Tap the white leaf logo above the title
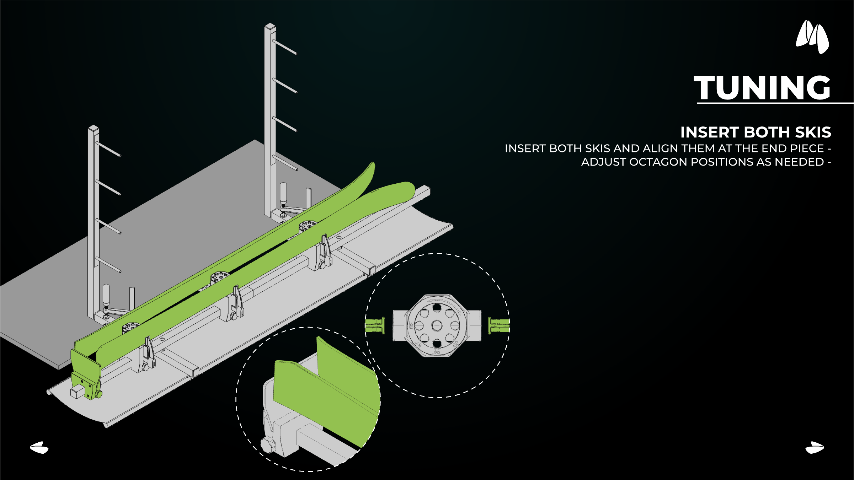click(812, 37)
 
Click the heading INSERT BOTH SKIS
click(756, 132)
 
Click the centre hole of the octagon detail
click(437, 325)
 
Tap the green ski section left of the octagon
click(375, 325)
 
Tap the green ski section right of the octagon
click(499, 325)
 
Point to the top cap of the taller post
click(270, 27)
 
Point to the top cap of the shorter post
click(94, 128)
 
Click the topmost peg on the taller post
click(285, 47)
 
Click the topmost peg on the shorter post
click(108, 149)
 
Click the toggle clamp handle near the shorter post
click(106, 293)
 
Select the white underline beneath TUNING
click(775, 103)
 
